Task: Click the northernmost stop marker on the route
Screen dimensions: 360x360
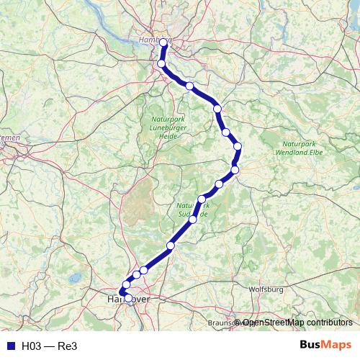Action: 163,43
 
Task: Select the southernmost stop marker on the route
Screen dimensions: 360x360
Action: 128,297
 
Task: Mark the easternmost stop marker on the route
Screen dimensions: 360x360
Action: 238,146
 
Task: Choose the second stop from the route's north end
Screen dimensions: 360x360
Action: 161,64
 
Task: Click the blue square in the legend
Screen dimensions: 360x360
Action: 10,346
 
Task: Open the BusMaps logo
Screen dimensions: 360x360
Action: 325,345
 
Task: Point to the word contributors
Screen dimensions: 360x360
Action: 328,323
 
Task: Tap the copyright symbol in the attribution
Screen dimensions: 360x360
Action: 238,323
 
